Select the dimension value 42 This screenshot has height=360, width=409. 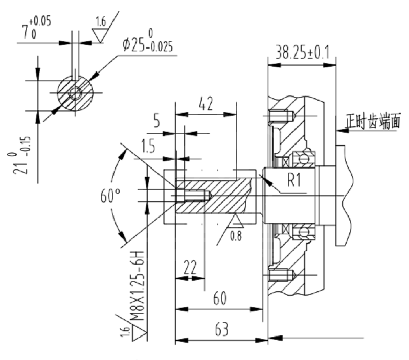[206, 104]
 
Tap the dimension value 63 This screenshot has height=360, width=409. [222, 329]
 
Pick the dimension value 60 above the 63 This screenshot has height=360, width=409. [220, 298]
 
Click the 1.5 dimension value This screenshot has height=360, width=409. [148, 146]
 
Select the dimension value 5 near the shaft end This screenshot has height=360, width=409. [156, 121]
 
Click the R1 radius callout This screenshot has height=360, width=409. [294, 180]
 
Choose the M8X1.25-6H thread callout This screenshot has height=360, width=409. [137, 286]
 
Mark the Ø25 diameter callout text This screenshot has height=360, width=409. [148, 43]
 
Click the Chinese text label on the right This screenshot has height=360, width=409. [373, 121]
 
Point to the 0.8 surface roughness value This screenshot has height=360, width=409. [236, 236]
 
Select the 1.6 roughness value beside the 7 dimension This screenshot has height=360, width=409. [101, 21]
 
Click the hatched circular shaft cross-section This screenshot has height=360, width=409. [75, 93]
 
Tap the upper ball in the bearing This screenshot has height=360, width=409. [303, 159]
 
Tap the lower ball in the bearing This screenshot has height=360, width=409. [303, 232]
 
